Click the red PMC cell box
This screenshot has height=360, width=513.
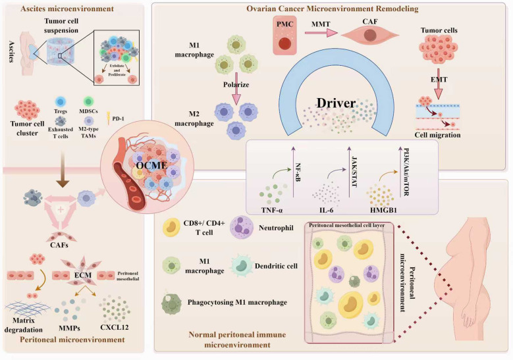coord(284,36)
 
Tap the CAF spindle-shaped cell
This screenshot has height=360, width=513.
coord(370,35)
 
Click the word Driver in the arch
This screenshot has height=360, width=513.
coord(336,103)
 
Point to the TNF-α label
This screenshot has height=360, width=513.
coord(271,210)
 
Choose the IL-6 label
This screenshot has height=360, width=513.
coord(326,210)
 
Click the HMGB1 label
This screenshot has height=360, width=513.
coord(383,210)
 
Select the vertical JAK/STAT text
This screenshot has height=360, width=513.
coord(354,167)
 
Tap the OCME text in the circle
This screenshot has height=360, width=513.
coord(152,165)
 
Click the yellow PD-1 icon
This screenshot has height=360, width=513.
coord(108,118)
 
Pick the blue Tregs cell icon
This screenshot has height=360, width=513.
coord(61,102)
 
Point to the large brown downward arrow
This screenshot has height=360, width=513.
coord(63,170)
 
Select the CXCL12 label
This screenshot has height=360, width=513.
coord(115,327)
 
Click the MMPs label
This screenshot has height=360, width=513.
coord(69,328)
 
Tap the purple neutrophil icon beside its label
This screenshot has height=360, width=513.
coord(242,228)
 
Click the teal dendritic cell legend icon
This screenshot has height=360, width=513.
coord(242,266)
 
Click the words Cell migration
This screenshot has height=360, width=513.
coord(437,135)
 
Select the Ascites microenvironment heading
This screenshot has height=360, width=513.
coord(67,9)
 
